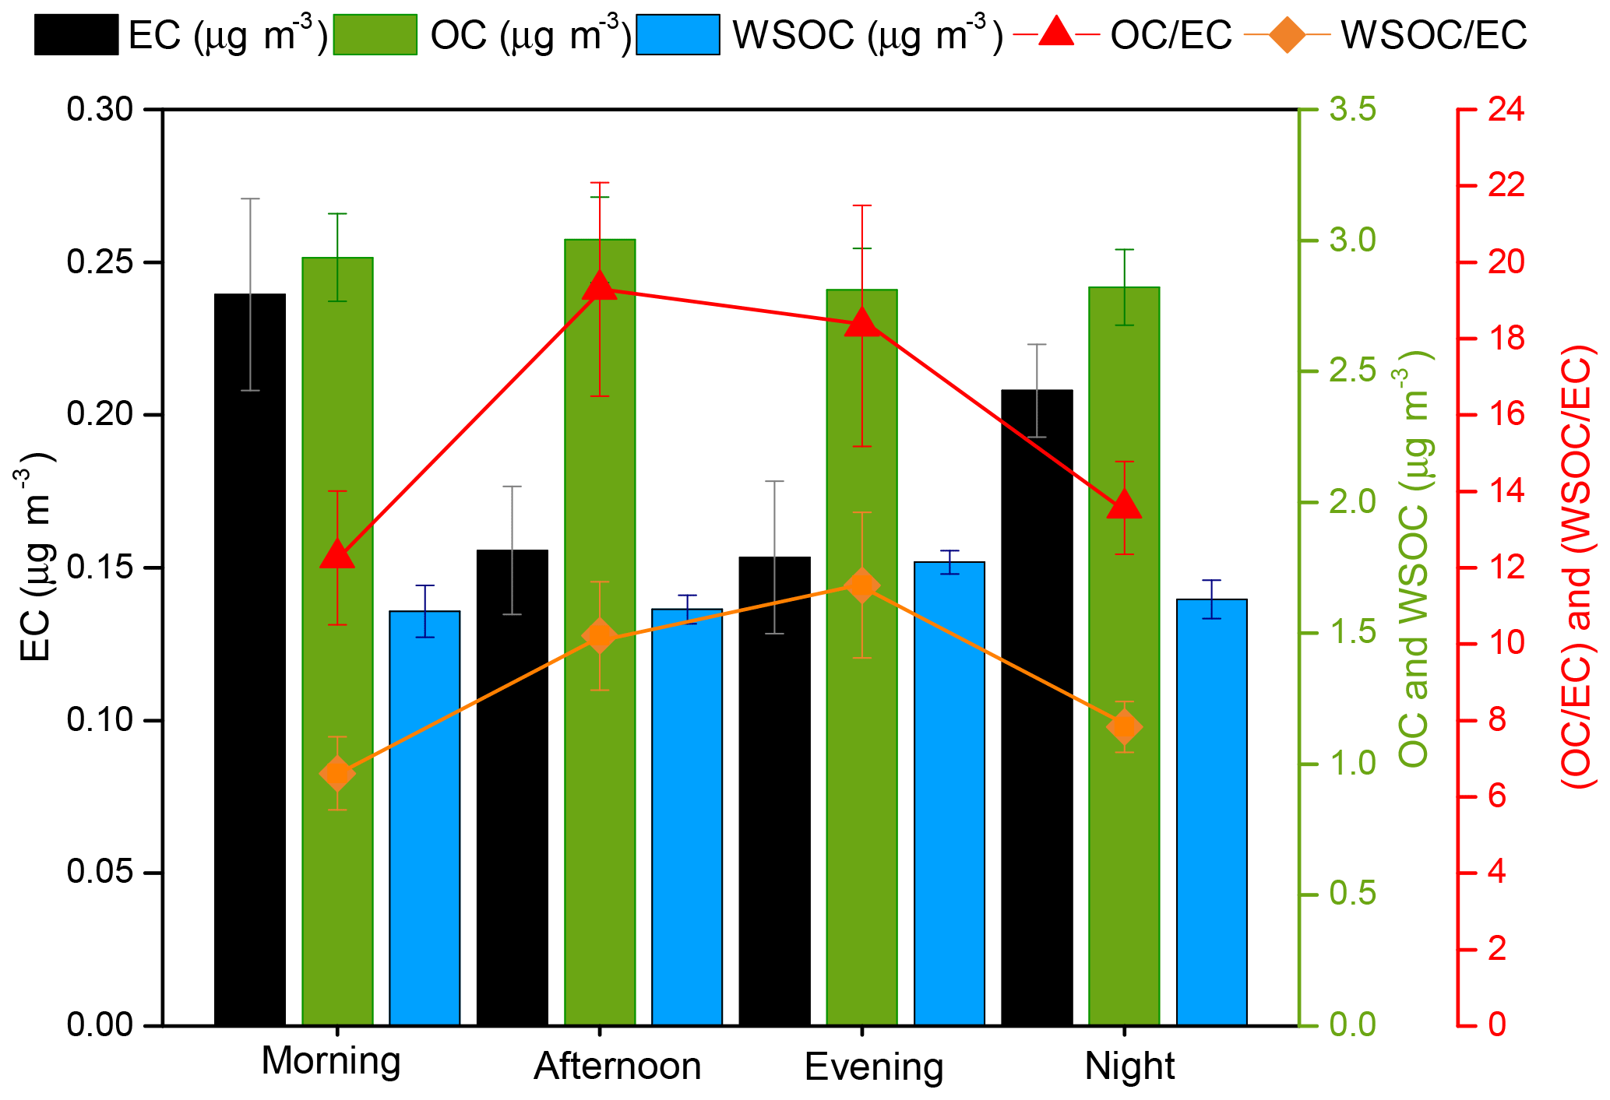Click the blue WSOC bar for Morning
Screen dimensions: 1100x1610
pos(425,817)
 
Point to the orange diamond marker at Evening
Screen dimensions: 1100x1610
pos(861,585)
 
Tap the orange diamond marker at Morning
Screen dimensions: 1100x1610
pos(337,774)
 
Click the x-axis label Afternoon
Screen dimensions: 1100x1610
pos(617,1066)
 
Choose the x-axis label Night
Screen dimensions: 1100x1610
pos(1129,1066)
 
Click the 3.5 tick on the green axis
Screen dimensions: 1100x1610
pos(1352,110)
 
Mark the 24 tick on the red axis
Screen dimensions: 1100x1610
pos(1505,110)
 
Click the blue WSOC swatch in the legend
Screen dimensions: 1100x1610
pos(678,35)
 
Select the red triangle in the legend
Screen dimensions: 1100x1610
pos(1056,33)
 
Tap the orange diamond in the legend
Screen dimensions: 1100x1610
pos(1286,35)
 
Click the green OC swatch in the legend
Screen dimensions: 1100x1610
pos(375,35)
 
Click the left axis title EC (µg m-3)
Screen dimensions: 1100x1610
pos(36,557)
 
